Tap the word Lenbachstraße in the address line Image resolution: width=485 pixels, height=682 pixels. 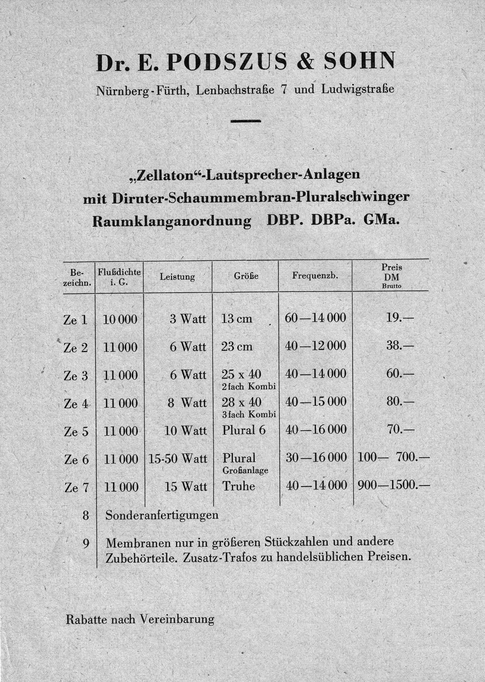[x=235, y=90]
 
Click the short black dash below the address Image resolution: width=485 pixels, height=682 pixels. [x=246, y=121]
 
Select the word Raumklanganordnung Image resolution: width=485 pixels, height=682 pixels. [x=172, y=221]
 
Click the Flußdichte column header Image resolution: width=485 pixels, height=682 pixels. [x=119, y=276]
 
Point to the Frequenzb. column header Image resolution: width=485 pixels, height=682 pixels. [x=315, y=275]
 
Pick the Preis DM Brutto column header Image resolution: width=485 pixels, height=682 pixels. [x=392, y=276]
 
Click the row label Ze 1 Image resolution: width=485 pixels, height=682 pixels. [x=75, y=320]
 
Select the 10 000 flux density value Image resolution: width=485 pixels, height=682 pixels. [x=120, y=319]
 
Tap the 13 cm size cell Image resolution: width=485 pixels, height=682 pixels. [x=237, y=319]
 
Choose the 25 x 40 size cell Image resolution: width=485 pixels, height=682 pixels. [x=241, y=374]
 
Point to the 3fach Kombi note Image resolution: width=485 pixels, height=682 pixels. [x=249, y=414]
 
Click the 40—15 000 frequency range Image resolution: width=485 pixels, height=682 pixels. [x=316, y=402]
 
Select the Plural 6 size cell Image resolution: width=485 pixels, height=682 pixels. [x=244, y=430]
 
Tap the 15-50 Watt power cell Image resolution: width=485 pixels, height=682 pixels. [x=177, y=459]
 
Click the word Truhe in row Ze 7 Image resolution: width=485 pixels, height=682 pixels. [x=238, y=486]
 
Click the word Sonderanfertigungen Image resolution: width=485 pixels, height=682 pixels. [x=162, y=515]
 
